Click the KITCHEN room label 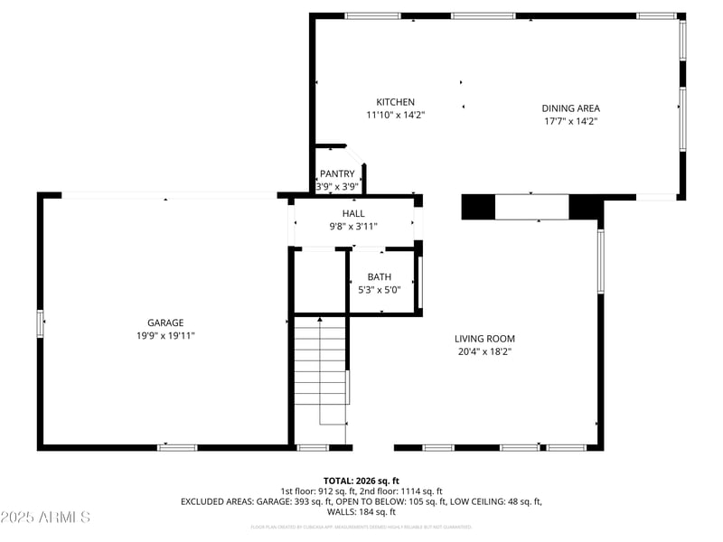pos(396,102)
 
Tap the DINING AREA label pos(570,108)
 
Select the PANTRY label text pos(337,174)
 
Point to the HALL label pos(353,213)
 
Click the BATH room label pos(379,276)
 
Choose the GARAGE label pos(165,322)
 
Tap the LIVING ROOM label pos(484,339)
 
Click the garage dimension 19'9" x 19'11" pos(165,335)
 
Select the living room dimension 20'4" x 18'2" pos(484,352)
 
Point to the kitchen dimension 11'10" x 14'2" pos(396,115)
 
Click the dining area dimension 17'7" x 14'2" pos(570,120)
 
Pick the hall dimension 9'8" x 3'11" pos(353,226)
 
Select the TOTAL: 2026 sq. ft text pos(361,481)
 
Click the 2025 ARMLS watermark pos(45,518)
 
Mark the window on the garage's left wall pos(40,323)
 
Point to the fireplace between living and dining pos(531,207)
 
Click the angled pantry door pos(355,155)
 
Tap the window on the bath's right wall pos(418,281)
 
